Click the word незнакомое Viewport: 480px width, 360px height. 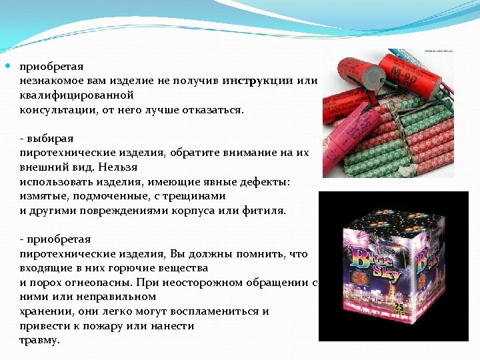pos(51,81)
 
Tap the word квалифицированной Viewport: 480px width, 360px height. pos(77,95)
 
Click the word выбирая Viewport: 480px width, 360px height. pos(49,139)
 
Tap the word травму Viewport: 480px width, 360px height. pos(39,340)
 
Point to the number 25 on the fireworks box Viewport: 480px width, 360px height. pos(399,308)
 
